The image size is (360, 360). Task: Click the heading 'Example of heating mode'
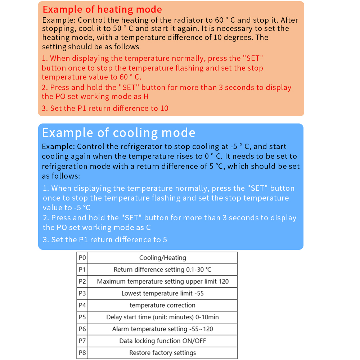pos(102,10)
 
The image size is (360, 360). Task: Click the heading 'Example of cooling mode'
pos(119,133)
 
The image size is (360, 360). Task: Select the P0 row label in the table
pos(82,258)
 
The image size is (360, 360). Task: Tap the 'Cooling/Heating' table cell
pos(163,258)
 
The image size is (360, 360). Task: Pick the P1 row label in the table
pos(82,270)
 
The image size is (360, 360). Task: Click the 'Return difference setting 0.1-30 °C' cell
pos(163,270)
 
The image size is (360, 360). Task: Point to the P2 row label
pos(82,282)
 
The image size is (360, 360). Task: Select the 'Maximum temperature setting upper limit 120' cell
pos(163,282)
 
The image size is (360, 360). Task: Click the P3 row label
pos(82,293)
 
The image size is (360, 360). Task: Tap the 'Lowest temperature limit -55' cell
pos(163,293)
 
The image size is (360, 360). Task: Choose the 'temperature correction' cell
pos(163,305)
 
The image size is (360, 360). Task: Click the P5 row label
pos(82,317)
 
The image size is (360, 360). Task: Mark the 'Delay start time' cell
pos(163,317)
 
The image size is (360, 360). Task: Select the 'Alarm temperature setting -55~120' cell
pos(163,329)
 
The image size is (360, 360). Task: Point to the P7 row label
pos(82,341)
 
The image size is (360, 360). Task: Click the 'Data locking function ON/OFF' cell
pos(163,341)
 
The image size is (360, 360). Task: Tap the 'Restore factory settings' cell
pos(163,353)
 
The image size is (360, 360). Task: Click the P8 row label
pos(82,353)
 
